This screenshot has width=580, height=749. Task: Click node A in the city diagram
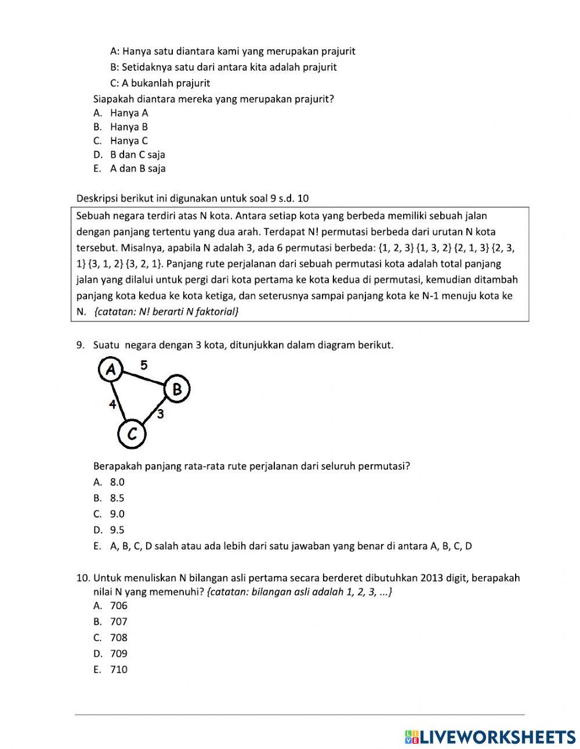click(111, 369)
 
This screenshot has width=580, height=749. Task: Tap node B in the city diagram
click(177, 389)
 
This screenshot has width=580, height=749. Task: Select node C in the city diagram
click(132, 434)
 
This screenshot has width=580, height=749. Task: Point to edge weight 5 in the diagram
click(144, 365)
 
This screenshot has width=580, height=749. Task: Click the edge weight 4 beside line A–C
click(113, 404)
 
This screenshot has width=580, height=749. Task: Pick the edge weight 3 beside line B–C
click(160, 414)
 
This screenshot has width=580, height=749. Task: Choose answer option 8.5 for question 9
click(117, 498)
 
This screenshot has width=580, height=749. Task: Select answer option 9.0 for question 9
click(117, 514)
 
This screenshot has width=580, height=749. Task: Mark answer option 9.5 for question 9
click(117, 530)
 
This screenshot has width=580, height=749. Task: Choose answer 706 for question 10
click(118, 606)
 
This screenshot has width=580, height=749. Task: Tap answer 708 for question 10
click(118, 638)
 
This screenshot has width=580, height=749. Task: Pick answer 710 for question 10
click(118, 670)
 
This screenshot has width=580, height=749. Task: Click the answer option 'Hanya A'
click(129, 113)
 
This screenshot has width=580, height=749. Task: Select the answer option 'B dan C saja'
click(137, 155)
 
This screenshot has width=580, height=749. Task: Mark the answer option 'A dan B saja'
click(137, 169)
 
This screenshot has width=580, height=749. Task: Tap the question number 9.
click(81, 345)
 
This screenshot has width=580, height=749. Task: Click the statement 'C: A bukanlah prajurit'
click(160, 83)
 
